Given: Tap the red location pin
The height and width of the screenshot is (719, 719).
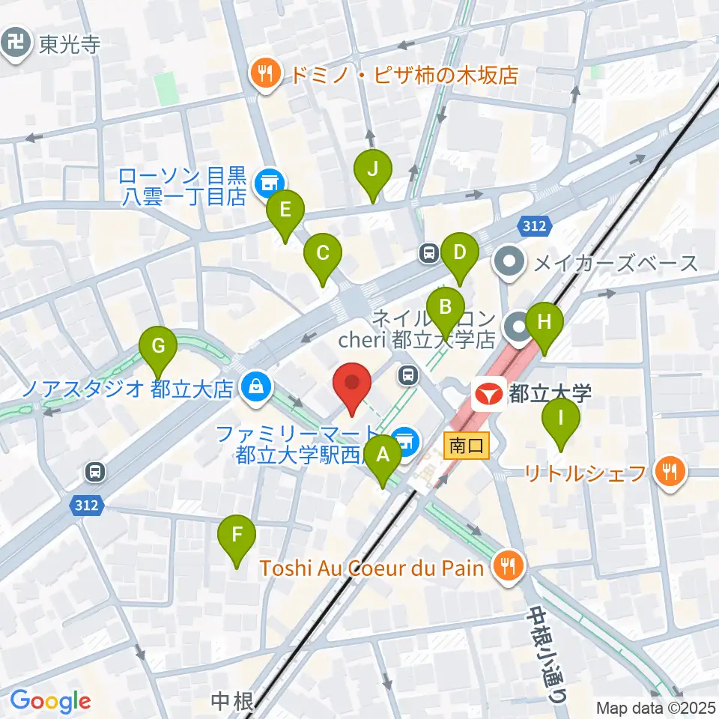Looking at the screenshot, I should click(352, 384).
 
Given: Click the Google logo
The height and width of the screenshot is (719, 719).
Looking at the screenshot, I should click(50, 701).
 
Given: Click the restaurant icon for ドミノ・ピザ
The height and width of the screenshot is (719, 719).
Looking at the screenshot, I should click(265, 73).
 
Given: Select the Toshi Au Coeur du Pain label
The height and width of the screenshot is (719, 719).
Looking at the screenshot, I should click(372, 568).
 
